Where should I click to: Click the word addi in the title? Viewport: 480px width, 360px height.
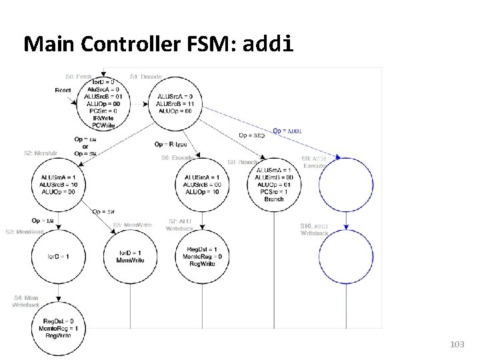point(269,45)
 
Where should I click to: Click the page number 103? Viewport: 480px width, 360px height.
point(457,344)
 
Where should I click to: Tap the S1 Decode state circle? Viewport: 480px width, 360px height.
point(174,101)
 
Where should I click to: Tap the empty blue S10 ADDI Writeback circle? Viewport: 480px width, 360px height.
point(346,257)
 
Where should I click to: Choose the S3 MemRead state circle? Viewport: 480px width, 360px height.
point(57,257)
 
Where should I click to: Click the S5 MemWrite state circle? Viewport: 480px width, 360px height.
point(129,257)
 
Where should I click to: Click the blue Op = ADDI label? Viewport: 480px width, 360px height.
point(287,131)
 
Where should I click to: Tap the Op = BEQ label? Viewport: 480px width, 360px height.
point(251,135)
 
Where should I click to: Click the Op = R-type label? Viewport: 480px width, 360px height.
point(171,144)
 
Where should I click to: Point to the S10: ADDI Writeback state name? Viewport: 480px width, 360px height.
point(315,230)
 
